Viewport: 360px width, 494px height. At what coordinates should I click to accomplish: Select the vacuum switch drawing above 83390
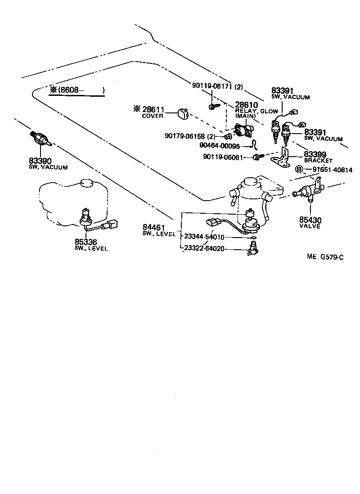tap(41, 139)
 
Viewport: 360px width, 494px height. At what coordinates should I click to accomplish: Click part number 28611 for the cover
tap(153, 110)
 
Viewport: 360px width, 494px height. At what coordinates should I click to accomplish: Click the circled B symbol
tap(298, 170)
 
